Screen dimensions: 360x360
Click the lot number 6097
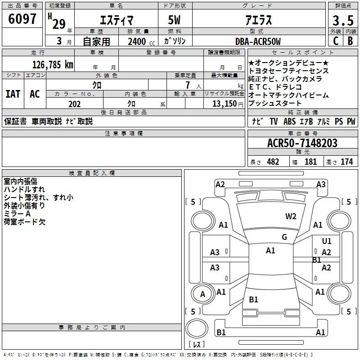[22, 19]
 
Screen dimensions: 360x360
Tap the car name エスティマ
[116, 20]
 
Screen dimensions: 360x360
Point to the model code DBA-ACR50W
[258, 41]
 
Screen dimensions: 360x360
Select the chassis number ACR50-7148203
[302, 143]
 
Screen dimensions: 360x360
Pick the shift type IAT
[12, 94]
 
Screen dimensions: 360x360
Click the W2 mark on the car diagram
[291, 216]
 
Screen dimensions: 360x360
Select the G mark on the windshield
[284, 237]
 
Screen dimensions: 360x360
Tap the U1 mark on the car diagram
[327, 241]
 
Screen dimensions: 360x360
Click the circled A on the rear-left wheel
[202, 294]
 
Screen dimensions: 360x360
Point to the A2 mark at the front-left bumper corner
[220, 184]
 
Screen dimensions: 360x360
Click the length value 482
[273, 162]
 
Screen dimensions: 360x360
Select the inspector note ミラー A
[17, 214]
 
